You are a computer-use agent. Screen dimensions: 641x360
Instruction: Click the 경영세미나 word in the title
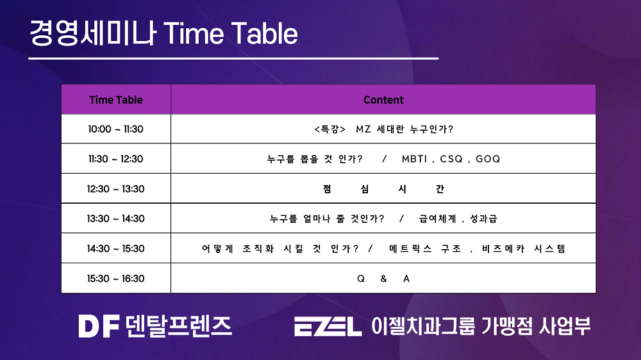[x=93, y=33]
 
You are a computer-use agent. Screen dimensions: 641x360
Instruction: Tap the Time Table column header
[x=116, y=100]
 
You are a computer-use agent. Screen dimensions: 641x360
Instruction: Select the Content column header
[x=383, y=100]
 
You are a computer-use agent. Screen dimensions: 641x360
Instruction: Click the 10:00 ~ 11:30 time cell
[x=115, y=129]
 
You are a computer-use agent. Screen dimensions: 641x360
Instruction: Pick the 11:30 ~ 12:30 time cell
[x=115, y=159]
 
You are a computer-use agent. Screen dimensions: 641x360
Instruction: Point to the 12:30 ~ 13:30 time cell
[x=115, y=189]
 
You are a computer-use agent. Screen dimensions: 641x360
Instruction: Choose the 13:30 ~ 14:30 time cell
[x=115, y=218]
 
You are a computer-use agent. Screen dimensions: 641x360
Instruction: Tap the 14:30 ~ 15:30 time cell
[x=115, y=249]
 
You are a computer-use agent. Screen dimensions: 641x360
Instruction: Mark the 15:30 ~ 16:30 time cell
[x=115, y=279]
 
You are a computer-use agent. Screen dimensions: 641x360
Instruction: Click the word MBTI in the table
[x=414, y=159]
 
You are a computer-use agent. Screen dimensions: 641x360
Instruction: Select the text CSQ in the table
[x=451, y=159]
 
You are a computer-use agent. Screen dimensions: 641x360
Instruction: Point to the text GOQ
[x=488, y=159]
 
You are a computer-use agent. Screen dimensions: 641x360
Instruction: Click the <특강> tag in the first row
[x=330, y=129]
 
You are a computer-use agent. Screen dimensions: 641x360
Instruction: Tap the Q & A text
[x=383, y=279]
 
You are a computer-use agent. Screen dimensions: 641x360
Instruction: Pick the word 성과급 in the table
[x=483, y=218]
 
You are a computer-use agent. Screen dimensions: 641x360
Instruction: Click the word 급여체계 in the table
[x=437, y=218]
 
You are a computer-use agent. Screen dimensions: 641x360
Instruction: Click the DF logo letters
[x=99, y=326]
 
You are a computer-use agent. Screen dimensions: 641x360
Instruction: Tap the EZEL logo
[x=328, y=327]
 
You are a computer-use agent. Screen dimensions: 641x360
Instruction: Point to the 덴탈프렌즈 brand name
[x=179, y=326]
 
